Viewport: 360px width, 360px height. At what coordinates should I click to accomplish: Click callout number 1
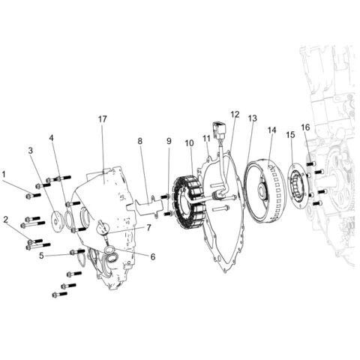pyautogui.click(x=5, y=174)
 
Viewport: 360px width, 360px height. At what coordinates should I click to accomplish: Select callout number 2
pyautogui.click(x=5, y=219)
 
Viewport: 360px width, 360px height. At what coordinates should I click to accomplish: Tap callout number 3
pyautogui.click(x=31, y=151)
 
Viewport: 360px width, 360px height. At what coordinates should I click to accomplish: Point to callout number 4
pyautogui.click(x=52, y=138)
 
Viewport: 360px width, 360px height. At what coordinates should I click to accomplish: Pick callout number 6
pyautogui.click(x=152, y=256)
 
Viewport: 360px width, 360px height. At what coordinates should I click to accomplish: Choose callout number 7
pyautogui.click(x=148, y=227)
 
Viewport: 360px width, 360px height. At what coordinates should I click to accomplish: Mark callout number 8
pyautogui.click(x=139, y=141)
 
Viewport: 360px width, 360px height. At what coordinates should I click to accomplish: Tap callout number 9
pyautogui.click(x=169, y=141)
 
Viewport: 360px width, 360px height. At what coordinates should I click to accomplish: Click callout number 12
pyautogui.click(x=235, y=115)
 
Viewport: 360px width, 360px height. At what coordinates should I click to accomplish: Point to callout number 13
pyautogui.click(x=252, y=118)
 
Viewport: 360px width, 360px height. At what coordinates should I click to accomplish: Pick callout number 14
pyautogui.click(x=271, y=130)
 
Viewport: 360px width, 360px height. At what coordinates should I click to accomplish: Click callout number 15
pyautogui.click(x=290, y=135)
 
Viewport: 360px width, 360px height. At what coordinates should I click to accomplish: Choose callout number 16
pyautogui.click(x=305, y=127)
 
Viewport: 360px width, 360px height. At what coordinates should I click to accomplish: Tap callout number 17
pyautogui.click(x=103, y=119)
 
